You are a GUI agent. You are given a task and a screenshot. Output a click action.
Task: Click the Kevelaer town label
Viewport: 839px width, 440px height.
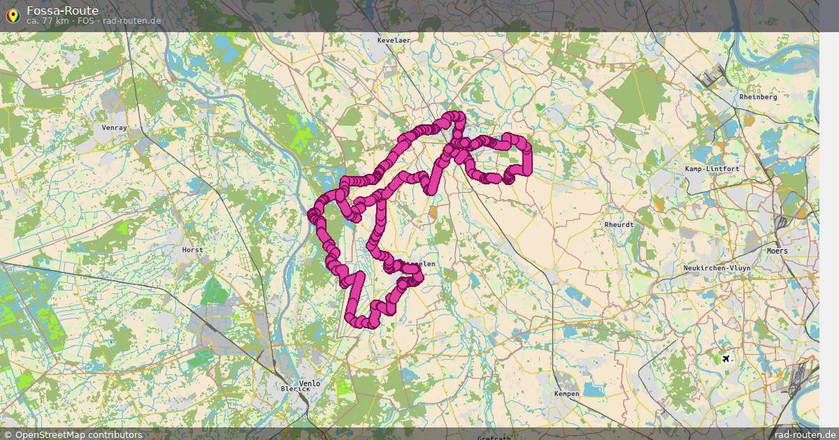click(x=394, y=41)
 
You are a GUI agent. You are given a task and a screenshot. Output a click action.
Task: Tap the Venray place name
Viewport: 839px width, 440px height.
click(x=115, y=128)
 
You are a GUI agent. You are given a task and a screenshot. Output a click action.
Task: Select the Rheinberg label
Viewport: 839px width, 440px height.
click(x=758, y=97)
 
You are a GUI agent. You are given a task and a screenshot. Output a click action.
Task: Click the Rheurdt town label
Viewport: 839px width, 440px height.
click(x=619, y=225)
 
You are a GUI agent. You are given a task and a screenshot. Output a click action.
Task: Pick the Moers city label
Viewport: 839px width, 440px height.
click(x=777, y=251)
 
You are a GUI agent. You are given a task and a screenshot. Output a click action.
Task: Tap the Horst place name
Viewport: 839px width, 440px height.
click(x=192, y=249)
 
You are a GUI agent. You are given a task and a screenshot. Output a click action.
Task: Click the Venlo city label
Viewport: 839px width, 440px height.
click(x=309, y=383)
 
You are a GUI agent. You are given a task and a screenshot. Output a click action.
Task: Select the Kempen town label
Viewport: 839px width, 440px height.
click(x=566, y=394)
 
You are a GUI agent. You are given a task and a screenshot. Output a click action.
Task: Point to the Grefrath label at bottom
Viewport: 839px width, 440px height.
click(x=494, y=438)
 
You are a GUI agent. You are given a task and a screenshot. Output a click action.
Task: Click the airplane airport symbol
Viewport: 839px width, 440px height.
click(x=726, y=359)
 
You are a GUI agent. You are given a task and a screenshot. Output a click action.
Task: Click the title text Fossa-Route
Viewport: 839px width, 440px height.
click(x=62, y=10)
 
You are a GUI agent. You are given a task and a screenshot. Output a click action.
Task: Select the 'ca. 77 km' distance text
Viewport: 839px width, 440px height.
click(x=48, y=21)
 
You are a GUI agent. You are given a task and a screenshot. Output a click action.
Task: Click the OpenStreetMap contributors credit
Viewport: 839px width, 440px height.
click(x=72, y=434)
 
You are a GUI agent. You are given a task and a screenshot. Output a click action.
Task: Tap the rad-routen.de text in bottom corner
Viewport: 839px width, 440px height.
click(x=805, y=434)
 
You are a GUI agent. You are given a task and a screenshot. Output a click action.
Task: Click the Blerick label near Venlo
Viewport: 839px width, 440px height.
click(x=294, y=388)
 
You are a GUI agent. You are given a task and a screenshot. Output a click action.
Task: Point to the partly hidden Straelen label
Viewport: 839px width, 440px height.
click(x=423, y=264)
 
